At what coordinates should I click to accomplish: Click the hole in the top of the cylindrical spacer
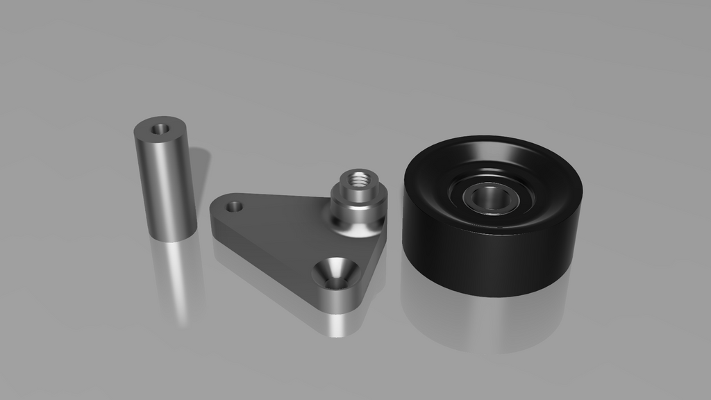[x=161, y=128]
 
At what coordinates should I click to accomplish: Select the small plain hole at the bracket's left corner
[x=235, y=206]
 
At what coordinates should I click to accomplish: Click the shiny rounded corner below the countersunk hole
[x=340, y=300]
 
